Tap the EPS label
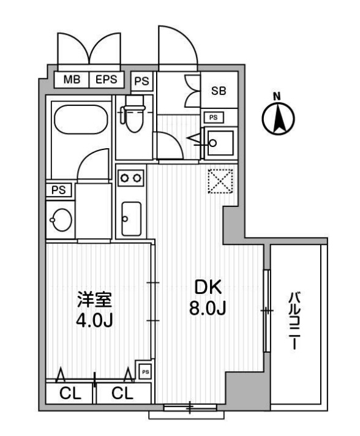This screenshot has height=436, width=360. pos(106,79)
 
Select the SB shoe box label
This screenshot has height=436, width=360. pos(219,91)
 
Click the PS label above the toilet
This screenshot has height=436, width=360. pos(141,80)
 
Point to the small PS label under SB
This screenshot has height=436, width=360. pos(213,117)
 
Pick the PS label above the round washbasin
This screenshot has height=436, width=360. pos(59,190)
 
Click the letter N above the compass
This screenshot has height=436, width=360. pos(277,96)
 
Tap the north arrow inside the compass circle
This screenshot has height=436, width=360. pos(277,119)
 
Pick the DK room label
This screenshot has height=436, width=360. pos(208,287)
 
